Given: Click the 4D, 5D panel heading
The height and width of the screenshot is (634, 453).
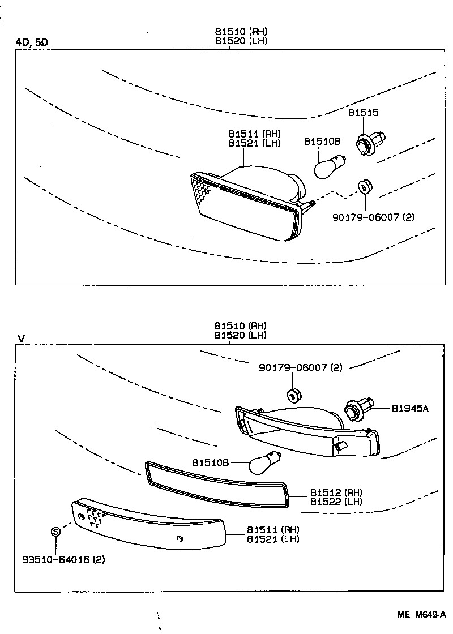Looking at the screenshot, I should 32,42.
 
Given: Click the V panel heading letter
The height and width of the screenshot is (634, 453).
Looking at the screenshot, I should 22,339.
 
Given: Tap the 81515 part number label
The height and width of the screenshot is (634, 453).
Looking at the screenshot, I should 363,113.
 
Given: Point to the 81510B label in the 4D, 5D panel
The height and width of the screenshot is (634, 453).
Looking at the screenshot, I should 322,142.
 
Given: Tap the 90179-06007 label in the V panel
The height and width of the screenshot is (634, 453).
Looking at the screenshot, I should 301,368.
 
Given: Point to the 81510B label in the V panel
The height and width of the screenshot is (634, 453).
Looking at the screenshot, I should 210,462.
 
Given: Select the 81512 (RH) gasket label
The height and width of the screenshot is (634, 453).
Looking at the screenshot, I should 336,492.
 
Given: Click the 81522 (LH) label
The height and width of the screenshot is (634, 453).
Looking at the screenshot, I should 336,502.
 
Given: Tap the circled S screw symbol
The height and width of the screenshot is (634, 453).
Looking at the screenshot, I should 55,532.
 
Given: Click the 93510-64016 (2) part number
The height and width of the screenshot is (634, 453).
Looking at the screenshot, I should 63,560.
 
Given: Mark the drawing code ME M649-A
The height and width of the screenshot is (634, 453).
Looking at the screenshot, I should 421,615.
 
